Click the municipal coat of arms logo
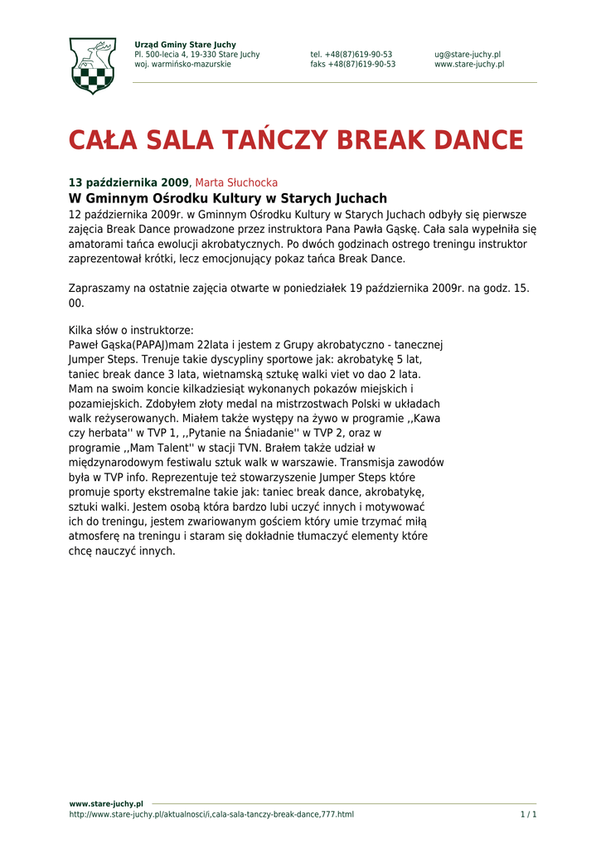click(x=92, y=65)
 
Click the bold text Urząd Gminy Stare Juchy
click(x=185, y=45)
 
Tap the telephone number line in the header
click(x=351, y=55)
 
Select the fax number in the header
click(x=353, y=65)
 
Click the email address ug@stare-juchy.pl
click(x=468, y=55)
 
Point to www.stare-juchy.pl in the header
click(x=469, y=65)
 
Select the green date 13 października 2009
click(x=128, y=182)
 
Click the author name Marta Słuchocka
click(x=236, y=182)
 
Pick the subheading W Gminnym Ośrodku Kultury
click(x=227, y=199)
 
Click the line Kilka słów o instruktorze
click(x=131, y=330)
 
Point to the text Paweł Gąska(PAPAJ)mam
click(x=132, y=345)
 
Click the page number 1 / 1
click(x=528, y=814)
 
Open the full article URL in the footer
click(x=211, y=814)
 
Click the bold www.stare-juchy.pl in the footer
click(x=106, y=804)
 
